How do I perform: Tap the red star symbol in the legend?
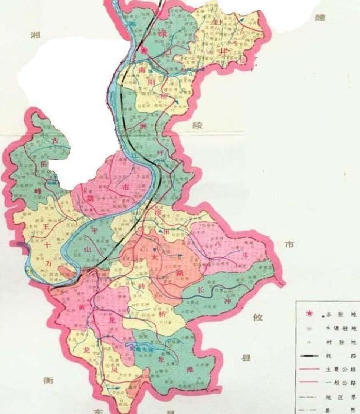[310, 313]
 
